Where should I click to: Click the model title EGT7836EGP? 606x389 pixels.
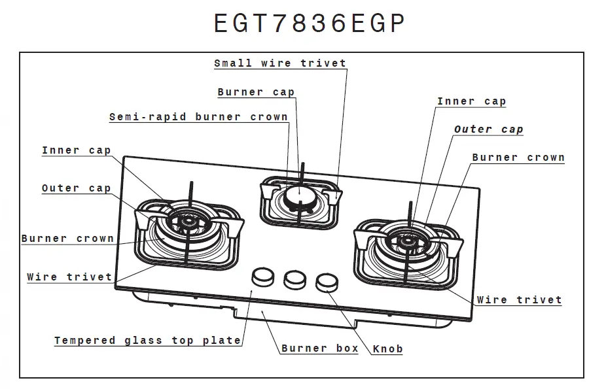coord(310,24)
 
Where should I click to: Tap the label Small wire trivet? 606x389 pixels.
coord(280,63)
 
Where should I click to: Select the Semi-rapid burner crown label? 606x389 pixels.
coord(198,117)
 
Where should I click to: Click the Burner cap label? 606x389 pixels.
coord(256,92)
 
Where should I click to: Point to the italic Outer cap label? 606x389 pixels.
coord(488,129)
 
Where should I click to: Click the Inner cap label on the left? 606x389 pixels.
coord(76,150)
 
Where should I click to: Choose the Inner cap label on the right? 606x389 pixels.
coord(471,101)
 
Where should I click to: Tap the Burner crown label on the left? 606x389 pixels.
coord(67,239)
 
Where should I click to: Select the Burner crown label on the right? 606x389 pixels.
coord(518,158)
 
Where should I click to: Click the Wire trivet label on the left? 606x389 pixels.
coord(69,277)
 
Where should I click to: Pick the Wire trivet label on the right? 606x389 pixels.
coord(519,300)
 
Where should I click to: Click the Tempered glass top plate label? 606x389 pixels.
coord(147,341)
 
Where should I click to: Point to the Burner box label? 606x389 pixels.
coord(320,348)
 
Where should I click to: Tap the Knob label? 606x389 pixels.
coord(387,349)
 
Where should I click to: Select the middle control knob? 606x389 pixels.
coord(294,279)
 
